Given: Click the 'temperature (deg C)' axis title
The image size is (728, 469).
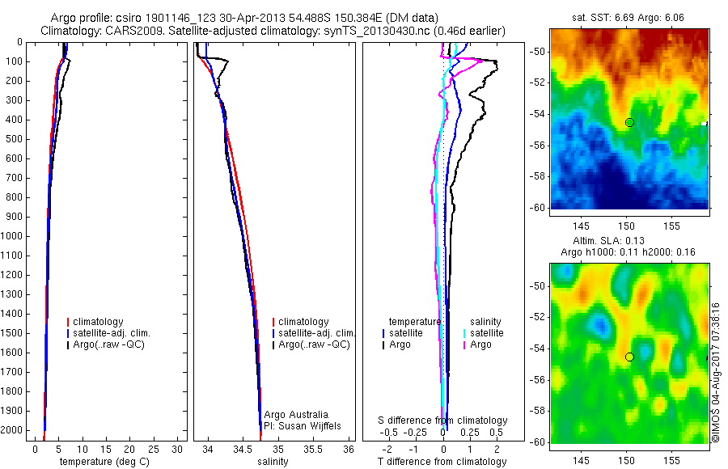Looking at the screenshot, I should [108, 462].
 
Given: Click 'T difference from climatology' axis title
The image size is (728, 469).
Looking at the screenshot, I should [442, 462].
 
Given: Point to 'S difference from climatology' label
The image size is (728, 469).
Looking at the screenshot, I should [443, 420].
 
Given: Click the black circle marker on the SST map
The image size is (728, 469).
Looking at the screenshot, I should [629, 122].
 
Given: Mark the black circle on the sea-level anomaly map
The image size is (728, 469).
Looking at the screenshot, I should [629, 357].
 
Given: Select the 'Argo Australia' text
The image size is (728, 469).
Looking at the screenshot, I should [298, 415].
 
